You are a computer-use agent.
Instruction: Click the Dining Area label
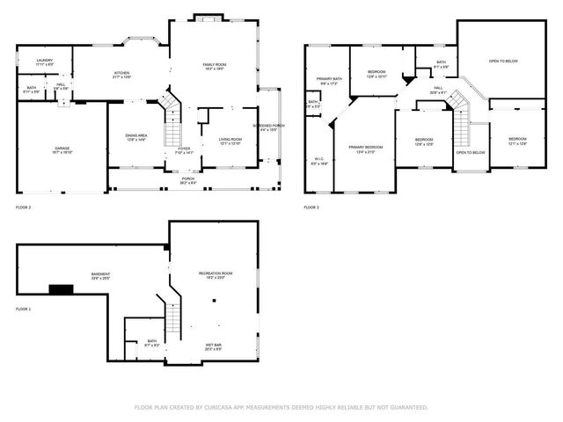click(135, 136)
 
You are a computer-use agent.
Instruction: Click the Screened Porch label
click(267, 126)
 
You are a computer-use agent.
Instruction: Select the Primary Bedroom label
click(364, 149)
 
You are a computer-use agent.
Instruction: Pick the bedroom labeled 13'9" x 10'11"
click(377, 72)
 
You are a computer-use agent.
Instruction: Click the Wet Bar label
click(214, 346)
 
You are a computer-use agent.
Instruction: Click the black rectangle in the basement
click(61, 289)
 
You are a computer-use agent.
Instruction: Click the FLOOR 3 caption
click(311, 207)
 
